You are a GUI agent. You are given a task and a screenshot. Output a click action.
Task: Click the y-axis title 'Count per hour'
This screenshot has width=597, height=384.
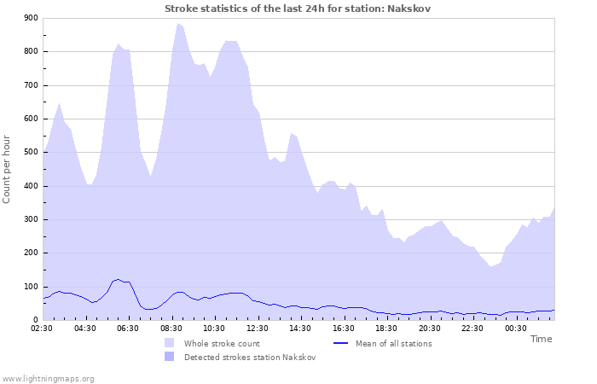tap(8, 169)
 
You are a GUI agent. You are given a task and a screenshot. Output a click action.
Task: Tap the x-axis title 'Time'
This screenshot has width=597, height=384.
tap(541, 339)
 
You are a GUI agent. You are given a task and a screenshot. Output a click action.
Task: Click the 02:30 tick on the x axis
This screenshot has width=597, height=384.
tap(43, 328)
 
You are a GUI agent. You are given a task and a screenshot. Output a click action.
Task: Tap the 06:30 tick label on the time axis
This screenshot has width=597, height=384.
tap(129, 328)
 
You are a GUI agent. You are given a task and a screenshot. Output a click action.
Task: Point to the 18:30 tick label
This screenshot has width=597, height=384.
tap(386, 328)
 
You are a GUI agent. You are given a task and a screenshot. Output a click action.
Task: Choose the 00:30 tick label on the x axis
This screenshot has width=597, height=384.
tap(515, 328)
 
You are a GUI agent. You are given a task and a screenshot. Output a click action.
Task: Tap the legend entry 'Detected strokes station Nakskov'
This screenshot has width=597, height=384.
tap(250, 358)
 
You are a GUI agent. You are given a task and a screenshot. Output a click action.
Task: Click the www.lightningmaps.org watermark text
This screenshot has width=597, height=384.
tap(48, 378)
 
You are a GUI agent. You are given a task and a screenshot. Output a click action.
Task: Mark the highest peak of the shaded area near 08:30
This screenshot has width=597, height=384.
tap(177, 23)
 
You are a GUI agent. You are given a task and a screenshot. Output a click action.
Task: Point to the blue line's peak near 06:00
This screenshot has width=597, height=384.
tap(118, 278)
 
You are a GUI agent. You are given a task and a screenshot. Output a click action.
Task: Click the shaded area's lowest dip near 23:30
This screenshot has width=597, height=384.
tap(491, 266)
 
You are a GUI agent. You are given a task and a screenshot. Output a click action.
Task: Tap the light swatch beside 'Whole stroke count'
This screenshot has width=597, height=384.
tap(170, 344)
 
